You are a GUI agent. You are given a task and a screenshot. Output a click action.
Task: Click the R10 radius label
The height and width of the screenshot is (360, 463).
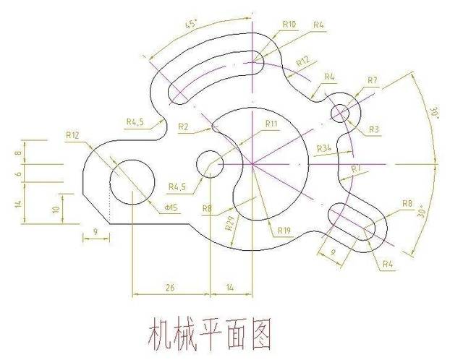pyautogui.click(x=289, y=24)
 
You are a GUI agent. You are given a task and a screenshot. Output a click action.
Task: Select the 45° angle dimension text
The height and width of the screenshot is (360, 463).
pyautogui.click(x=192, y=24)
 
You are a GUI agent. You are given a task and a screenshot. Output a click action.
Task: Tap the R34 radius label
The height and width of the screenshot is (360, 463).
pyautogui.click(x=324, y=148)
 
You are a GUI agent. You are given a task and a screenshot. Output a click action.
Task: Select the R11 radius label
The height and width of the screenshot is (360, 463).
pyautogui.click(x=271, y=124)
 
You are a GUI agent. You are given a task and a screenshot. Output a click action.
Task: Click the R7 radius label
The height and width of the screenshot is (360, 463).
pyautogui.click(x=373, y=80)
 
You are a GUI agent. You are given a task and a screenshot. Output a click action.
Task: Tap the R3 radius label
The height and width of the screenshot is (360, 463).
pyautogui.click(x=374, y=129)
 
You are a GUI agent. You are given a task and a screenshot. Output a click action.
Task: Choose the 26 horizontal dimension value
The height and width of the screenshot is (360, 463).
pyautogui.click(x=170, y=287)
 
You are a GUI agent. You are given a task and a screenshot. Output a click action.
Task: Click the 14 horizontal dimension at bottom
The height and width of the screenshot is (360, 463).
pyautogui.click(x=230, y=287)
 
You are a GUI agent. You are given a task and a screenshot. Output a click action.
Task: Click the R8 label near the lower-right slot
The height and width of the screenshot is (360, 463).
pyautogui.click(x=407, y=204)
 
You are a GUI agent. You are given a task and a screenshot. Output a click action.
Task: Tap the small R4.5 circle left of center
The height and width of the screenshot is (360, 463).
pyautogui.click(x=210, y=163)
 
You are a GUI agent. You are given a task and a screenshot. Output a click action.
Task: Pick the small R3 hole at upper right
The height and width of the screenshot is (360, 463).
pyautogui.click(x=341, y=113)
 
